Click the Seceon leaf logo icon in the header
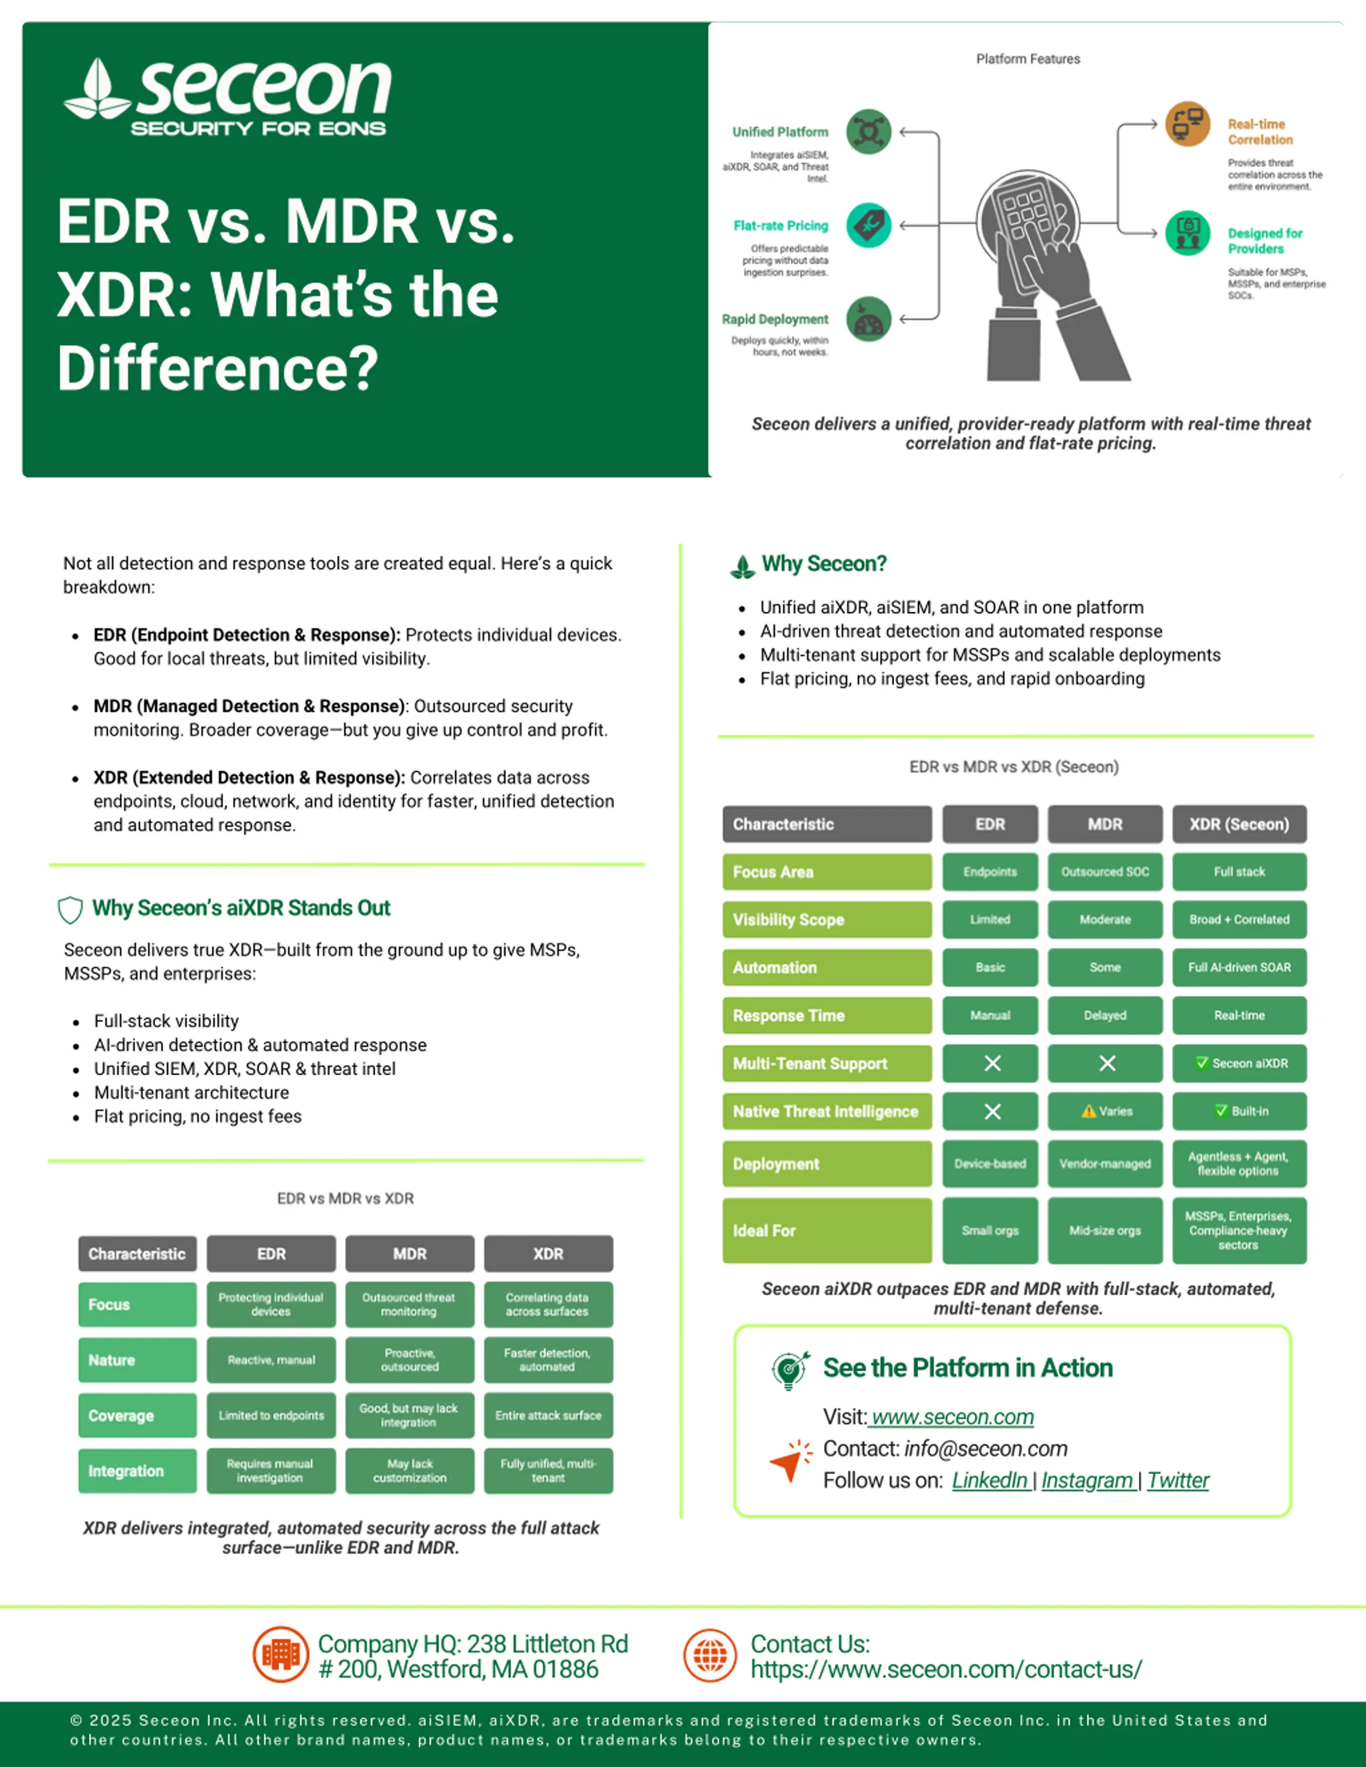97,89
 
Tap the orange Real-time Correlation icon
1187,124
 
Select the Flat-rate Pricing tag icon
868,225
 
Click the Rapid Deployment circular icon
868,319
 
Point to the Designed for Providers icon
1187,233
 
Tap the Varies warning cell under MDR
1105,1111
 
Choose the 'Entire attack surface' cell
548,1415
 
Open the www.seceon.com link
952,1417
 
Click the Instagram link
1087,1480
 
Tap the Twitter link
1178,1480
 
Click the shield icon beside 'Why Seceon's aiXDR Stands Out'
70,909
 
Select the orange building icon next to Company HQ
281,1654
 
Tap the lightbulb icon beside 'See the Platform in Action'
790,1370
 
